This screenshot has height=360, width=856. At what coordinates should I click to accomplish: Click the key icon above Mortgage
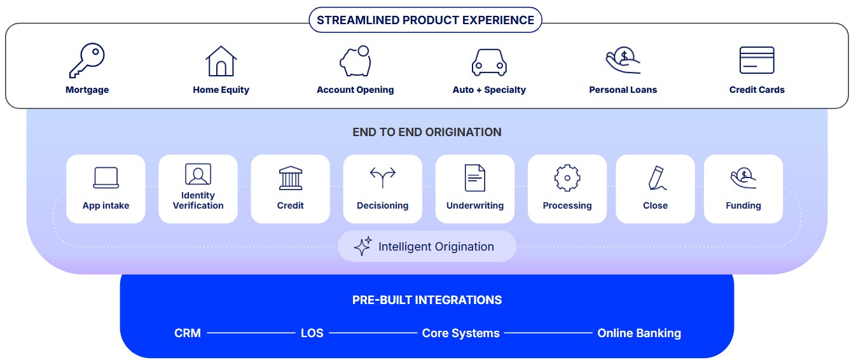[x=86, y=60]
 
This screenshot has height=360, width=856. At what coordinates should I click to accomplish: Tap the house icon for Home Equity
[x=221, y=61]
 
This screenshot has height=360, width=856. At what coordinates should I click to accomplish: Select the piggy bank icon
[x=355, y=61]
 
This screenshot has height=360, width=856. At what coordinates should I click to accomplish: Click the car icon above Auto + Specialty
[x=488, y=62]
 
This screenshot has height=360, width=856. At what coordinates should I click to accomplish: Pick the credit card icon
[x=757, y=60]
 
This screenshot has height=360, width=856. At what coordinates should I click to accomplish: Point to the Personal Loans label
[x=623, y=90]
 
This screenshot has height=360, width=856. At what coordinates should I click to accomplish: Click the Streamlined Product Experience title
[x=425, y=20]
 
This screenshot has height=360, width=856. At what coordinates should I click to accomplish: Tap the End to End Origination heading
[x=427, y=132]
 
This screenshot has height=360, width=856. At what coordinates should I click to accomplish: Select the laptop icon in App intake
[x=106, y=177]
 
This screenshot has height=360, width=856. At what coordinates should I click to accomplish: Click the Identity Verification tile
[x=198, y=189]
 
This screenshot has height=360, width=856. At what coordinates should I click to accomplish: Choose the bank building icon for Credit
[x=290, y=177]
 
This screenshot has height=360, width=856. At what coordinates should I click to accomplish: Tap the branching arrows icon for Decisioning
[x=382, y=177]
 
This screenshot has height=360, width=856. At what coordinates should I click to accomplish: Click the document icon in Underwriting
[x=474, y=177]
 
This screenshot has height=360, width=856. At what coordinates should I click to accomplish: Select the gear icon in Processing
[x=567, y=177]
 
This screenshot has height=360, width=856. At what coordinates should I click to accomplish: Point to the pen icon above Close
[x=656, y=177]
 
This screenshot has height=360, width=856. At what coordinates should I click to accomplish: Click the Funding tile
[x=743, y=189]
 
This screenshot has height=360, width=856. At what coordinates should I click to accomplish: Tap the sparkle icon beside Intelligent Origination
[x=362, y=246]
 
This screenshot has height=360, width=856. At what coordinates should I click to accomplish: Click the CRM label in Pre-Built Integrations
[x=188, y=333]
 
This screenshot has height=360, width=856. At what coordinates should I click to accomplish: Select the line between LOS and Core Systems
[x=372, y=333]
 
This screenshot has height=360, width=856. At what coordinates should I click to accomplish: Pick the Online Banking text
[x=639, y=333]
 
